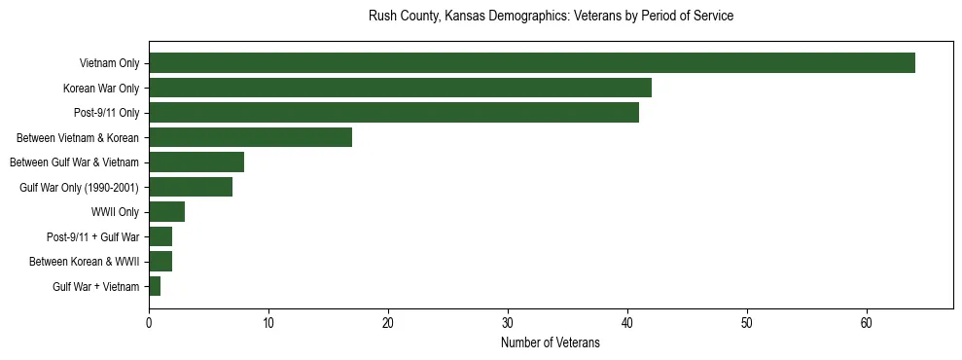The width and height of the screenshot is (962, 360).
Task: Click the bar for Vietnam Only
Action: (x=531, y=63)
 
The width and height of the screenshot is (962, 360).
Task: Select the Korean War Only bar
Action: (x=400, y=88)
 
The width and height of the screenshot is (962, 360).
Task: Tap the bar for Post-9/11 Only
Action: (x=394, y=113)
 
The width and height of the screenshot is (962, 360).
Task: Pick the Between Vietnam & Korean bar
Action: (x=250, y=137)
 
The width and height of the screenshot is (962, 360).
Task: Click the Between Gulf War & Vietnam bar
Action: (x=196, y=162)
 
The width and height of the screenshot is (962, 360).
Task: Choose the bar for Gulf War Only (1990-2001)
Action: (x=191, y=187)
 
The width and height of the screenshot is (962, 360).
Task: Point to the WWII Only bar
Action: (x=166, y=212)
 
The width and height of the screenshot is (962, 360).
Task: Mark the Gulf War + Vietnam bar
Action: (x=155, y=286)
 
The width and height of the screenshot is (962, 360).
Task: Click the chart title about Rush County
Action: (x=551, y=17)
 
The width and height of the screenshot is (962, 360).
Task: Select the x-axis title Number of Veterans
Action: (x=551, y=343)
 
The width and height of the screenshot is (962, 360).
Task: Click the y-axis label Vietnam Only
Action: (x=109, y=64)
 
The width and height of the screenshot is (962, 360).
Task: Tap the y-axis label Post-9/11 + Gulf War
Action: (x=92, y=237)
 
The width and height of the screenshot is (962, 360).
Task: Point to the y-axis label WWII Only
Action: (x=115, y=212)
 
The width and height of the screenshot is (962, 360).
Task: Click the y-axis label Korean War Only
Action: (x=101, y=89)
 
